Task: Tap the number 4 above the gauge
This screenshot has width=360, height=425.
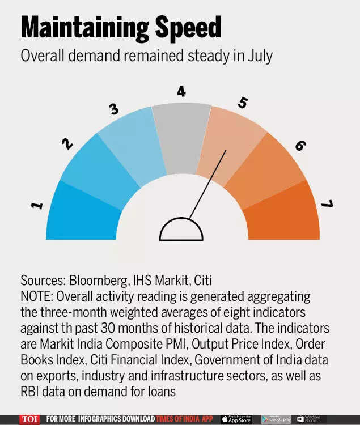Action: point(181,91)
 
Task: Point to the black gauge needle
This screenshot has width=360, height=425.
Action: point(207,185)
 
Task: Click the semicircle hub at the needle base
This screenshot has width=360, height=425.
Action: point(181,230)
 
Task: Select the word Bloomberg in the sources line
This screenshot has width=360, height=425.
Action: point(97,280)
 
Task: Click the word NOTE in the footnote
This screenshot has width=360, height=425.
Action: point(36,296)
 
